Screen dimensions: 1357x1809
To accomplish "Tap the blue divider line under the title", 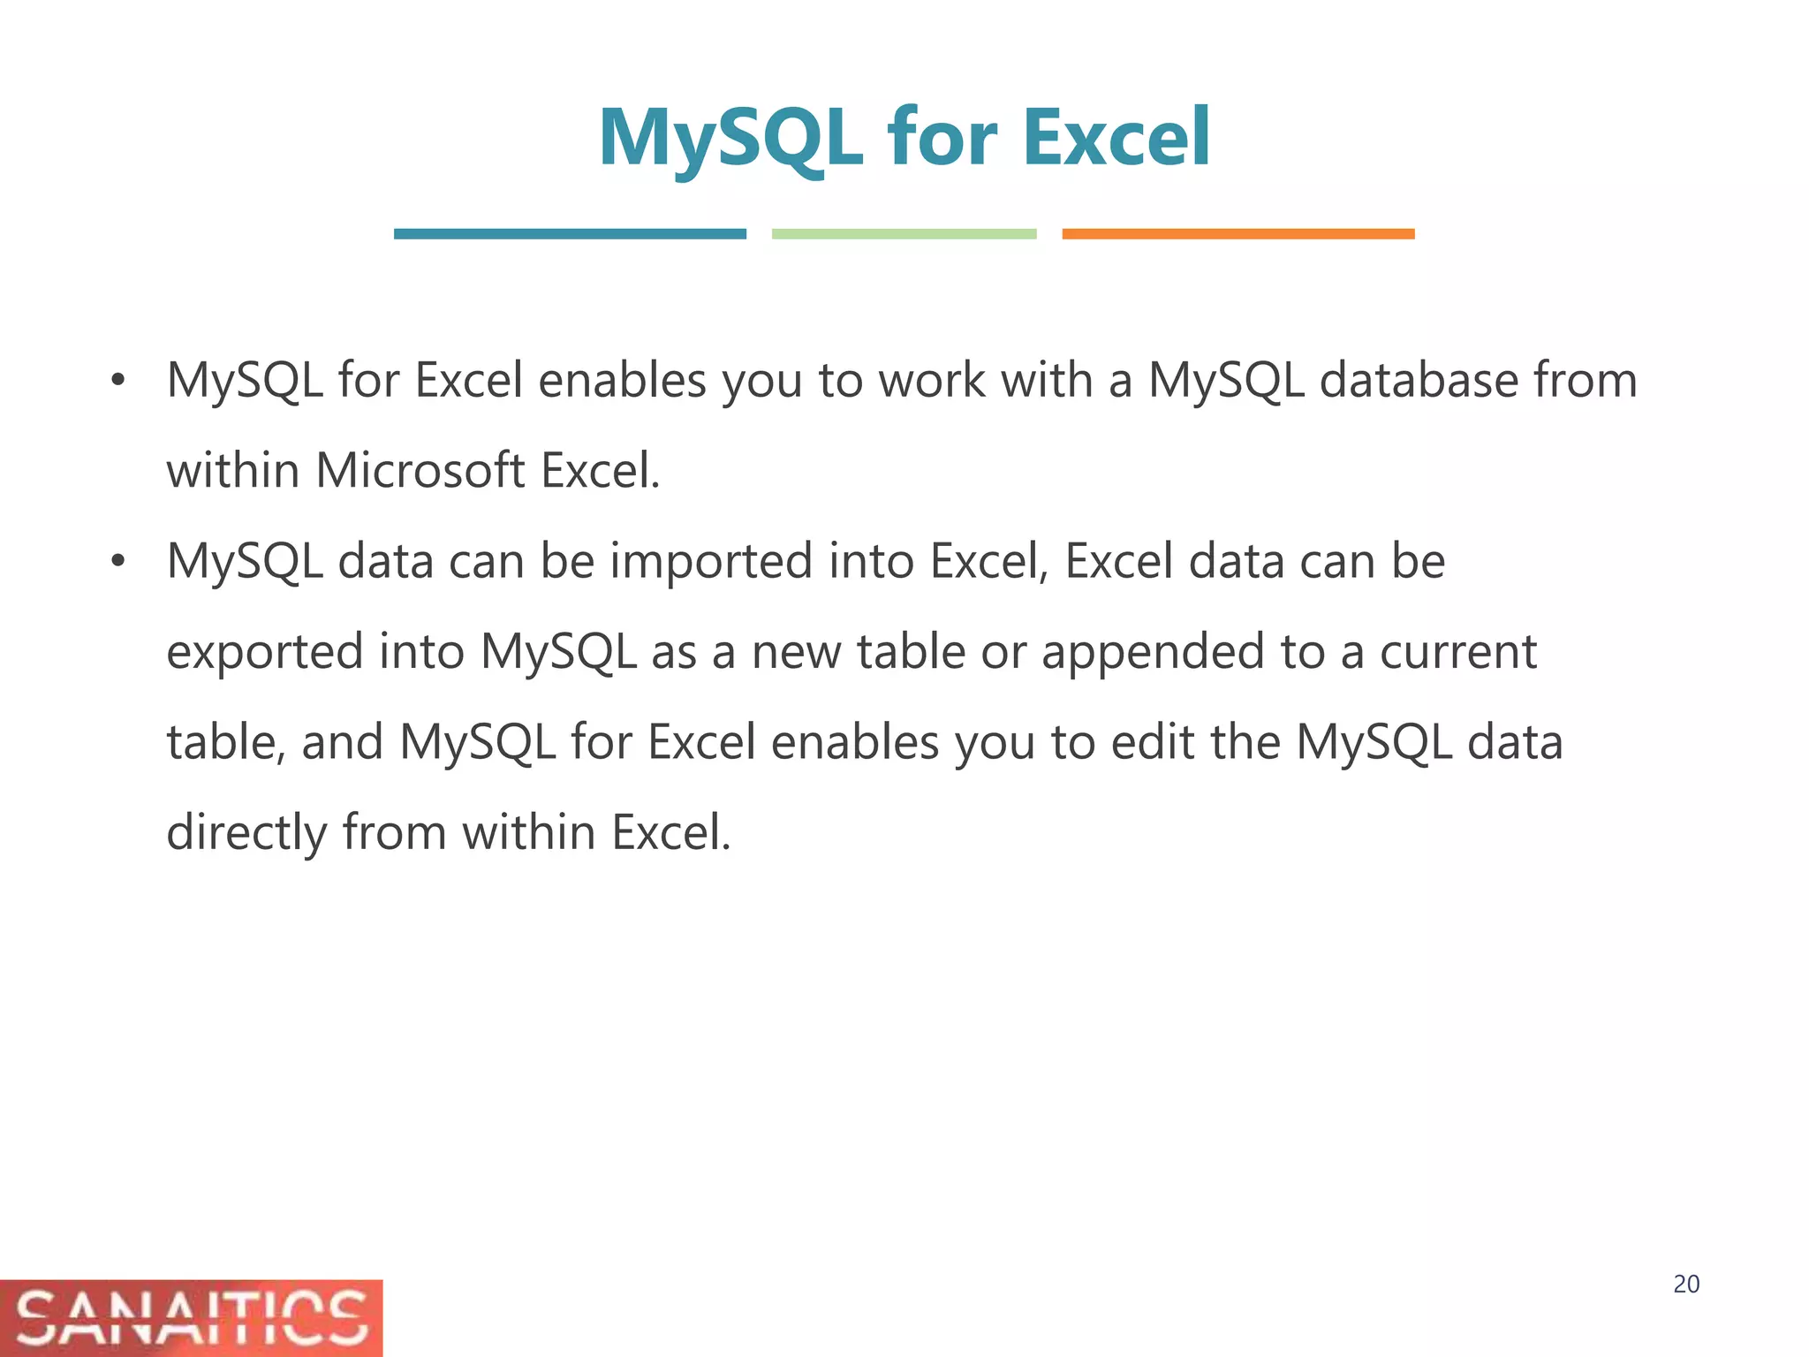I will tap(570, 234).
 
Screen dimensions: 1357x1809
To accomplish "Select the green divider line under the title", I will tap(904, 234).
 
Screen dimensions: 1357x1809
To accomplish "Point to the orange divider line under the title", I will tap(1238, 234).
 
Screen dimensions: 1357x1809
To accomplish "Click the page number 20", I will tap(1686, 1285).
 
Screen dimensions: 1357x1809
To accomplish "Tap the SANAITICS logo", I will tap(191, 1317).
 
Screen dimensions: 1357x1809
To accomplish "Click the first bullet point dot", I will tap(117, 382).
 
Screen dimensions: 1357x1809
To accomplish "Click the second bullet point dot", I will tap(117, 562).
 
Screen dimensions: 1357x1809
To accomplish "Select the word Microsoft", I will tap(420, 470).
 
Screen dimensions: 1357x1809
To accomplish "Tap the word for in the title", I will tap(942, 138).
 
